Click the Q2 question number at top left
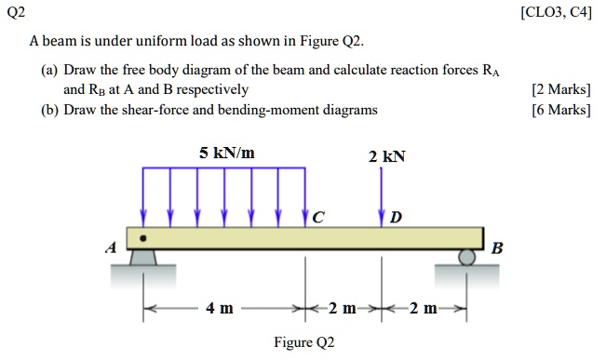click(15, 11)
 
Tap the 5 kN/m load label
click(227, 152)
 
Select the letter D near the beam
click(397, 218)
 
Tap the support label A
click(111, 248)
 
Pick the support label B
click(496, 248)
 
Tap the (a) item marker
click(49, 71)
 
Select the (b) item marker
click(49, 110)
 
